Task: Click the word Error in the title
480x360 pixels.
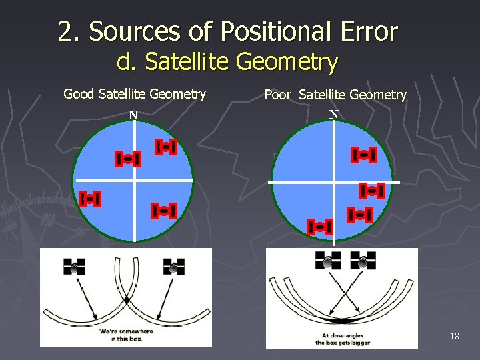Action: point(364,31)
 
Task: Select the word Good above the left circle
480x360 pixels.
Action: point(79,94)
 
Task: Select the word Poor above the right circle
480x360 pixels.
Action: point(277,95)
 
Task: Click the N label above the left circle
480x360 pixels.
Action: point(133,115)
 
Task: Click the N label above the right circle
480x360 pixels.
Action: point(333,114)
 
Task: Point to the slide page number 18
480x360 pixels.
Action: point(454,336)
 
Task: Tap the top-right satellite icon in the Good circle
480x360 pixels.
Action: point(165,147)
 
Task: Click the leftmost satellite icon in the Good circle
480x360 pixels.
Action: point(89,199)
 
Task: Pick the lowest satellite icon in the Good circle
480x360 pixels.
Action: point(163,211)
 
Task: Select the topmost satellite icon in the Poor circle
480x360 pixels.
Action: point(364,155)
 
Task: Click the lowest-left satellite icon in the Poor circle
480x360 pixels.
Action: point(320,227)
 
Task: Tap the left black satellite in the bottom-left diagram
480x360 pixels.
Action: point(75,266)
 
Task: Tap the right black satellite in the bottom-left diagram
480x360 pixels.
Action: point(174,266)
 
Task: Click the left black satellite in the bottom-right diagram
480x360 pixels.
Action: point(328,261)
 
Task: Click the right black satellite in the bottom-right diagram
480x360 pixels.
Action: point(363,261)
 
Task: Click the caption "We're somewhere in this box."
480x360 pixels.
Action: point(126,335)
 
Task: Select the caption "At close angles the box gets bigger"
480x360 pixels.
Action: point(342,339)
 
